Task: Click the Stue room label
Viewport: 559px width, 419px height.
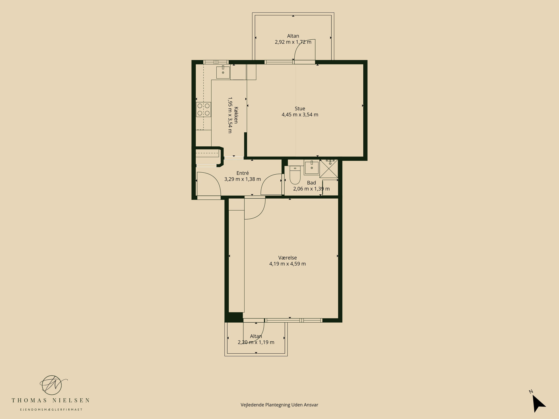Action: pyautogui.click(x=300, y=108)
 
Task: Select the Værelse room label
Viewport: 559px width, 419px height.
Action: pyautogui.click(x=287, y=258)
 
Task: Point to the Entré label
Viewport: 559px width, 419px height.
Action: pyautogui.click(x=242, y=173)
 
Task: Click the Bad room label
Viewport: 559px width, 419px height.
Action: pyautogui.click(x=311, y=183)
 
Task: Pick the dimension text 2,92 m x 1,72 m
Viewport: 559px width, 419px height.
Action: pyautogui.click(x=293, y=42)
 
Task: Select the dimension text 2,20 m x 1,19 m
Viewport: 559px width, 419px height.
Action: pyautogui.click(x=256, y=342)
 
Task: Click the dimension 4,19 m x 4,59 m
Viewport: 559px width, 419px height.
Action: pyautogui.click(x=287, y=264)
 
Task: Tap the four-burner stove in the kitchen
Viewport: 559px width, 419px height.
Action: pyautogui.click(x=203, y=109)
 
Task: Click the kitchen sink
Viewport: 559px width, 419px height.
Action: pyautogui.click(x=223, y=72)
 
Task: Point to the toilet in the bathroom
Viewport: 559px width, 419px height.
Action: pyautogui.click(x=295, y=175)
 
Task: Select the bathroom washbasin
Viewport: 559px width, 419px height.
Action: pyautogui.click(x=311, y=167)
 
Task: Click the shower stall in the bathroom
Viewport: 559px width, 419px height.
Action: pyautogui.click(x=329, y=169)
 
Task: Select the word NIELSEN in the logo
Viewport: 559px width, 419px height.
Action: pyautogui.click(x=71, y=400)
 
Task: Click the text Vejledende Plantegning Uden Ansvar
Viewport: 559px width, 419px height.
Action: pyautogui.click(x=279, y=405)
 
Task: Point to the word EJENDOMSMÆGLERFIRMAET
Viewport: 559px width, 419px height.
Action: pyautogui.click(x=51, y=410)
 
